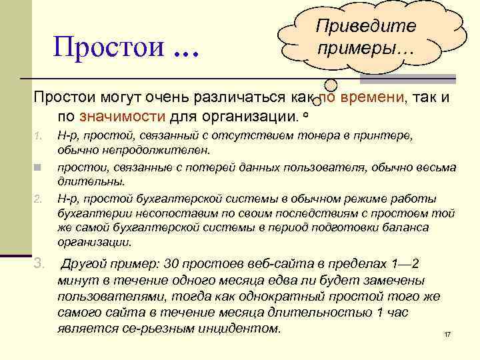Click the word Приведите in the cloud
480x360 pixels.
click(x=366, y=26)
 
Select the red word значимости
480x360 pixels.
click(x=121, y=117)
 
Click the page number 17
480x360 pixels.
click(x=447, y=333)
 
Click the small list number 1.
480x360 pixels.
click(x=38, y=137)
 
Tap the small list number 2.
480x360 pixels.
click(x=38, y=199)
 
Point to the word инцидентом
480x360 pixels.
click(x=241, y=329)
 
